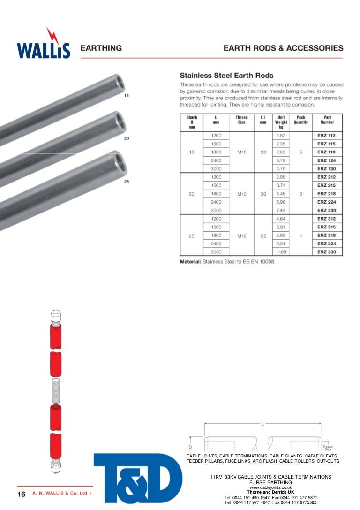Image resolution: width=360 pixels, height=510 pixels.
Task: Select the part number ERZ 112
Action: (326, 136)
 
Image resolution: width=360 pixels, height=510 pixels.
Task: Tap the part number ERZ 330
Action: (326, 252)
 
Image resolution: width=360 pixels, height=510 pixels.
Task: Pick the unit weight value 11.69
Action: (281, 252)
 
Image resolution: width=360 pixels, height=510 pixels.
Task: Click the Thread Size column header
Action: (241, 120)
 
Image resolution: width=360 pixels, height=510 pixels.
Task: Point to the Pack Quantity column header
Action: (300, 120)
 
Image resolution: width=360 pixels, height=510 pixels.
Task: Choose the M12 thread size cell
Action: (241, 236)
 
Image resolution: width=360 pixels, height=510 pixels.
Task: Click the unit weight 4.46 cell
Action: (281, 194)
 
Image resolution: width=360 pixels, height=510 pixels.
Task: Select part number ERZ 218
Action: (326, 194)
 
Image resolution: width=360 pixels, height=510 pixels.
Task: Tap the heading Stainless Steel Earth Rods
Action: (227, 76)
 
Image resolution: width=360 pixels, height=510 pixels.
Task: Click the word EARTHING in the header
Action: (102, 48)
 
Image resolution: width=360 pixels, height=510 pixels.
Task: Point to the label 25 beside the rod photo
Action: (127, 182)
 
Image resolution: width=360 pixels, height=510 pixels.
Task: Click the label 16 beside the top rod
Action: (127, 96)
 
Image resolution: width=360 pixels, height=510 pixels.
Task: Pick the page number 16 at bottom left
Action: (21, 494)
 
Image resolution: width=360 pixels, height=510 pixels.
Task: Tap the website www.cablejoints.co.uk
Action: (271, 487)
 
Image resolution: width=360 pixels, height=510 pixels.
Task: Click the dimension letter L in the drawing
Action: (262, 424)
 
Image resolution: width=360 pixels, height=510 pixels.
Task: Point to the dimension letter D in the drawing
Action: (190, 441)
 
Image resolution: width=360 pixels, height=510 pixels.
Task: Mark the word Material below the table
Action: (190, 261)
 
